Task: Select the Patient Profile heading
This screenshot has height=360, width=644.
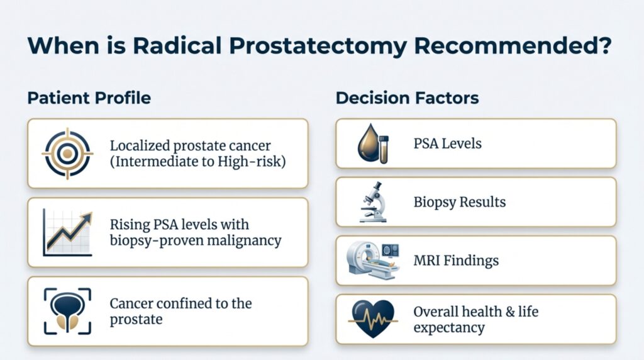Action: (89, 99)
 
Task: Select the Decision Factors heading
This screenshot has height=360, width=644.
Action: (408, 98)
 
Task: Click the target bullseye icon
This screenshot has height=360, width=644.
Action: (67, 153)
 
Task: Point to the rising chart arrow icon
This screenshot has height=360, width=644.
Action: (67, 233)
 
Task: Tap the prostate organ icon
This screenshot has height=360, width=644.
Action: (67, 312)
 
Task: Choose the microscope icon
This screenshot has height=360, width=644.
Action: (374, 202)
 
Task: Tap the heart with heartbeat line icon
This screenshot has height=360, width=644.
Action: (374, 318)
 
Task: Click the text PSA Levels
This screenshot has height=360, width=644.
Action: (447, 143)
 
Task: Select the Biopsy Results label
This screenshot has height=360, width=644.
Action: (459, 202)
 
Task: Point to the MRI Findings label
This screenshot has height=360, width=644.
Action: (456, 260)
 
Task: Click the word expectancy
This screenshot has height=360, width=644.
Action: (449, 327)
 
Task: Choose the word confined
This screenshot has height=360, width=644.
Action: (173, 303)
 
